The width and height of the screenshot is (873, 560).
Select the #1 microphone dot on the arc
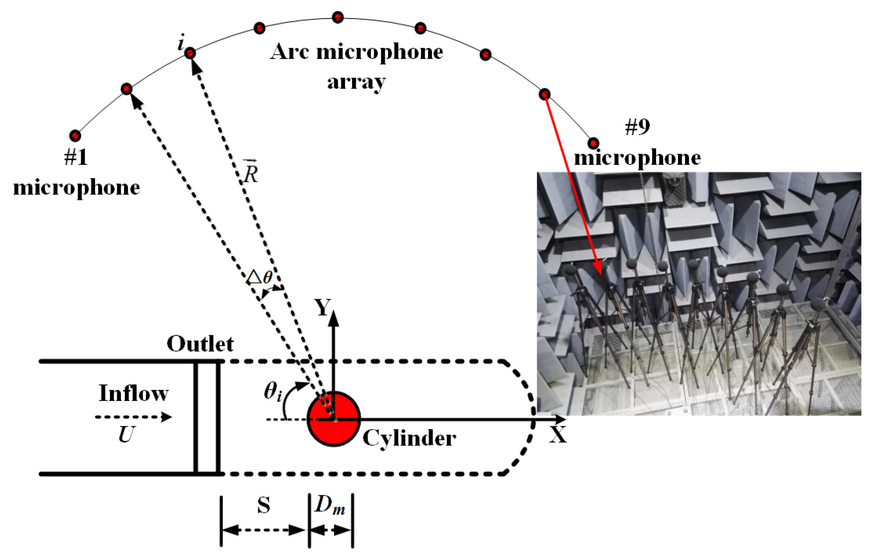coord(75,136)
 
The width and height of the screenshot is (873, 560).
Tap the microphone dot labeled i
coord(190,53)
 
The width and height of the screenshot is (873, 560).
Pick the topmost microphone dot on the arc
coord(338,17)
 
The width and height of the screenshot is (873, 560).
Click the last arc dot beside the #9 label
coord(593,143)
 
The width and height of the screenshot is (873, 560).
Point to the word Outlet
coord(200,344)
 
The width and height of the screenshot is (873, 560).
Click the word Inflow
coord(134,393)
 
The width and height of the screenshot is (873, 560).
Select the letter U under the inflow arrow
coord(126,435)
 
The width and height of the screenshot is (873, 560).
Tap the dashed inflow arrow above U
coord(133,417)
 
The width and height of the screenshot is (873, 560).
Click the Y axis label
coord(323,308)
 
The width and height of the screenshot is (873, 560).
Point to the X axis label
coord(558,435)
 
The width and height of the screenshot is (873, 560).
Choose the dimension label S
coord(264,506)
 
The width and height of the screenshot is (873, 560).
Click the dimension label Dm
coord(330,506)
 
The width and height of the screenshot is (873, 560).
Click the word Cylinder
coord(409,438)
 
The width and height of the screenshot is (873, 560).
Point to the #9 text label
coord(637,127)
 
